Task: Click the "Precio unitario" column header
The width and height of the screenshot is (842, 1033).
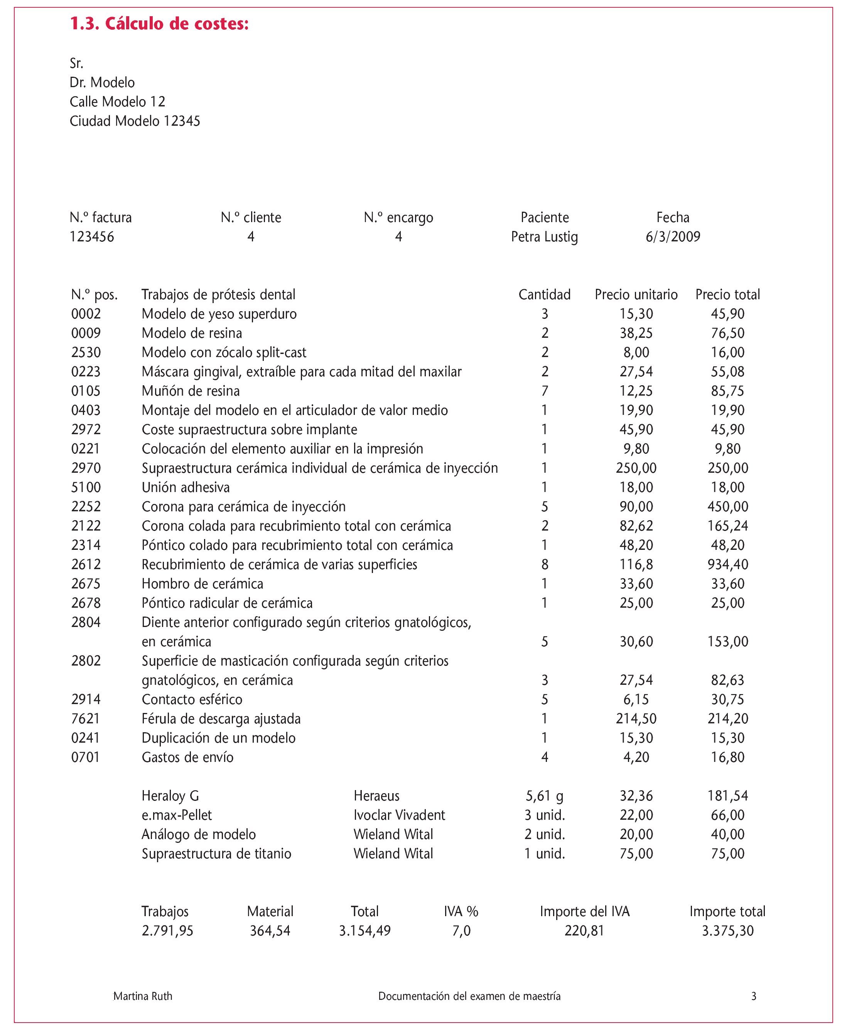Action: (636, 294)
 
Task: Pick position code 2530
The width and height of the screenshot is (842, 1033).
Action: (86, 352)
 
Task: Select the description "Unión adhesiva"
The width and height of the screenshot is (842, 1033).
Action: (186, 487)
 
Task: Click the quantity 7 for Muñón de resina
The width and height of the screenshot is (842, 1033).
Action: (545, 391)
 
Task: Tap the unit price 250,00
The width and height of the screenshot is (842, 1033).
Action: (636, 468)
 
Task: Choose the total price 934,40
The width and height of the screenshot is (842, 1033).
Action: (727, 564)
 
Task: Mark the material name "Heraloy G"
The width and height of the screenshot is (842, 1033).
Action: (170, 796)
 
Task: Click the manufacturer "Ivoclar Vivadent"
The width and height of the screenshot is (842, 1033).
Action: (399, 815)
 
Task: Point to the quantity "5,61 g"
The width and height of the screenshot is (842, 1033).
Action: (545, 796)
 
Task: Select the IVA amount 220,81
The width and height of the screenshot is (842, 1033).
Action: (584, 931)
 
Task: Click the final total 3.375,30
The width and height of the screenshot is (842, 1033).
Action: (727, 931)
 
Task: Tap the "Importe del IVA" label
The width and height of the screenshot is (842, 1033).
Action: (584, 911)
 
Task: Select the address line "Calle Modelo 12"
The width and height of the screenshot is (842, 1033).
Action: (117, 101)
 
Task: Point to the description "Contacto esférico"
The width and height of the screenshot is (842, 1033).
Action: (192, 699)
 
